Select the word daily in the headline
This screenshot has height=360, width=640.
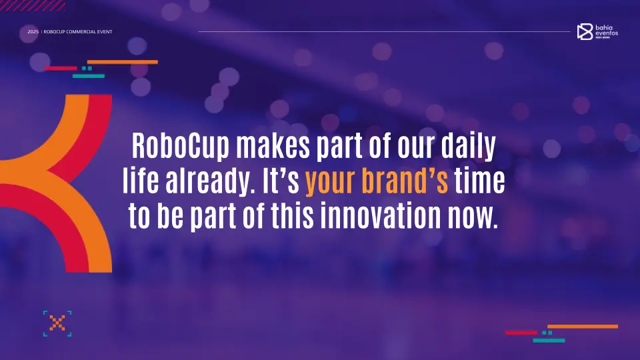(x=469, y=147)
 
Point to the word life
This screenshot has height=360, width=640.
(x=139, y=181)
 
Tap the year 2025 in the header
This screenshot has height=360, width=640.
(x=33, y=32)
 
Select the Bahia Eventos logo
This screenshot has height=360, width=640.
(x=597, y=31)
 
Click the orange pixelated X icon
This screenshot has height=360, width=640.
(x=57, y=324)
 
